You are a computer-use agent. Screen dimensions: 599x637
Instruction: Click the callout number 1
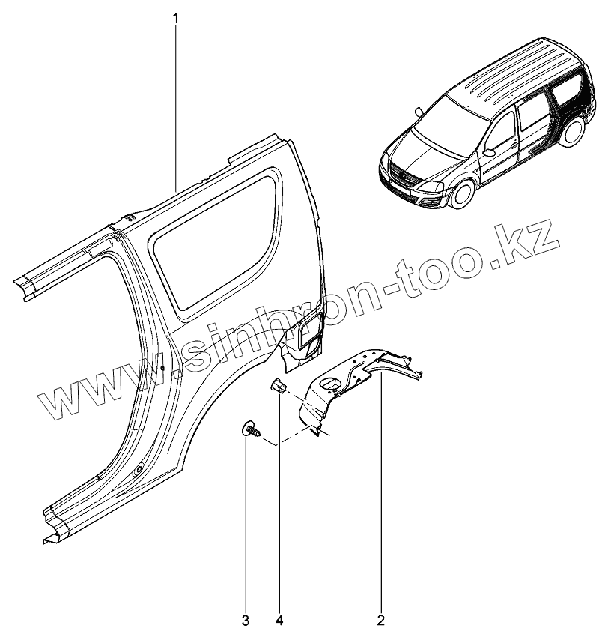coord(176,16)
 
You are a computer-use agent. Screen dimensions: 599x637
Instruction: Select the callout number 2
coord(380,621)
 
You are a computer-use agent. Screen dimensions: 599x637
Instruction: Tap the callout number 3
coord(246,621)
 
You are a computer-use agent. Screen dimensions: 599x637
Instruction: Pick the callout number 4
coord(279,621)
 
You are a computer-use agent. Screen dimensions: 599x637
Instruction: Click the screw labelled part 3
coord(250,430)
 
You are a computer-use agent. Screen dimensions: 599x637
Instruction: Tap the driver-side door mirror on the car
coord(490,151)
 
